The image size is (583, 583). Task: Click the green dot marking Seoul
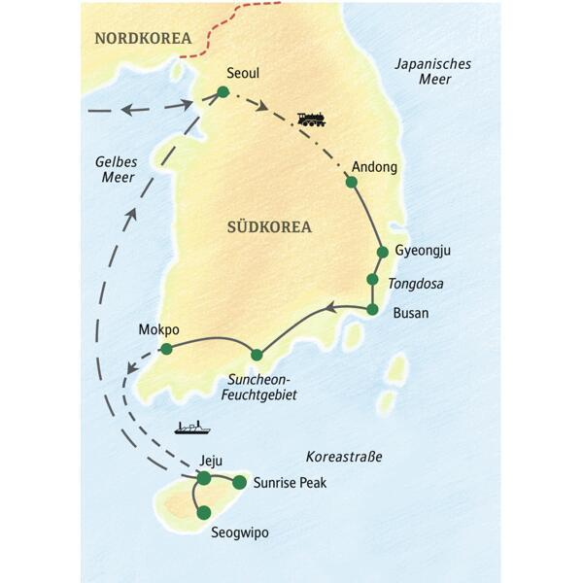[x=223, y=92]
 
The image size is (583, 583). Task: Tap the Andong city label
[x=376, y=167]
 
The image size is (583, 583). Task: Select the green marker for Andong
[x=351, y=182]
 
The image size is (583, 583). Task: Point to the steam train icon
[x=312, y=120]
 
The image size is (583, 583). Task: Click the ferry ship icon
[x=190, y=426]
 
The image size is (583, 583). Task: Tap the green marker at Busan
[x=371, y=310]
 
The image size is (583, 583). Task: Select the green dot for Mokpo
[x=166, y=349]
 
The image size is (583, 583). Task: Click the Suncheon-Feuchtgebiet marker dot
[x=257, y=355]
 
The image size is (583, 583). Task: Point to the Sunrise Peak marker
[x=239, y=482]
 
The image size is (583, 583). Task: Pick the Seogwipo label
[x=240, y=532]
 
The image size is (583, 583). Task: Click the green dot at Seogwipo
[x=203, y=512]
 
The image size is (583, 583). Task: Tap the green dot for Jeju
[x=204, y=478]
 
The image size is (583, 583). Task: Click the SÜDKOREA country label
[x=270, y=227]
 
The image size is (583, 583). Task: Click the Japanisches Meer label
[x=433, y=72]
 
